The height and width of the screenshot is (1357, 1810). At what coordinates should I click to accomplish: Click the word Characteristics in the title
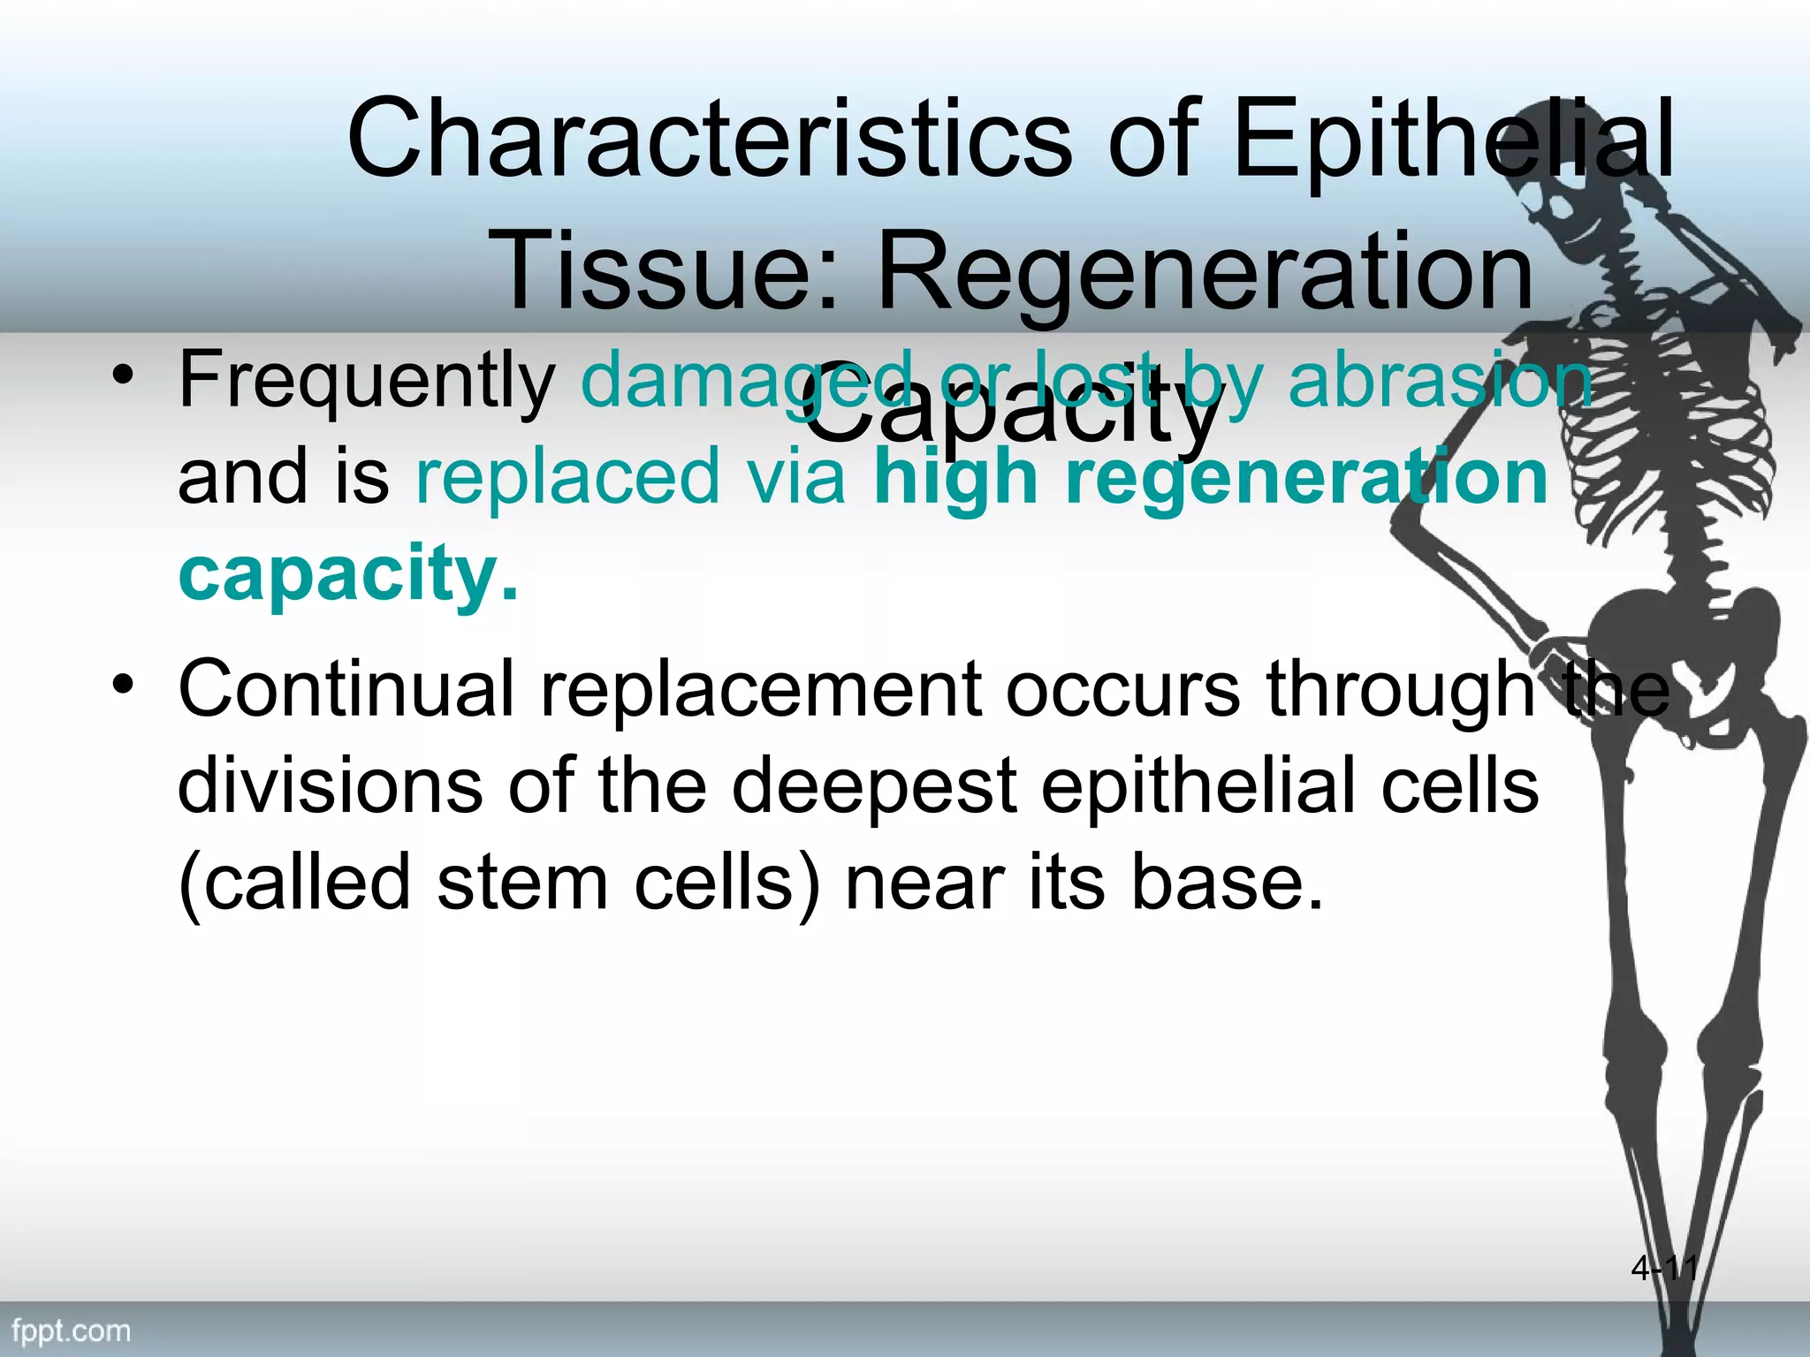[x=708, y=139]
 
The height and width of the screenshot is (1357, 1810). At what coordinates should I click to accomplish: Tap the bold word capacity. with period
[x=348, y=574]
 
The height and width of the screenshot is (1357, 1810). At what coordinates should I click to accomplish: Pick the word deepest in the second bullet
[x=875, y=786]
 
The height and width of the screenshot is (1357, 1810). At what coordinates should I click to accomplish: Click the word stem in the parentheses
[x=522, y=883]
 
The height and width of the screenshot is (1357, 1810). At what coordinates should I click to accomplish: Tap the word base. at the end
[x=1228, y=883]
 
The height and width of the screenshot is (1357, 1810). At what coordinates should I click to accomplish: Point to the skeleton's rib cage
[x=1679, y=424]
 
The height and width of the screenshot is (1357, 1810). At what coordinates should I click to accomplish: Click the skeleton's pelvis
[x=1679, y=636]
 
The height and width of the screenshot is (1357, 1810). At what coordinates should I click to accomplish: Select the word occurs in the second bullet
[x=1122, y=689]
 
